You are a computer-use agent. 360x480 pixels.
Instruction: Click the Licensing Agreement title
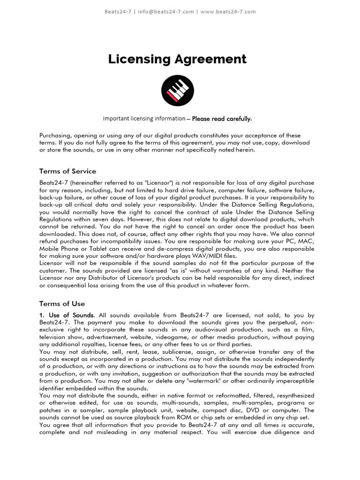coord(177,59)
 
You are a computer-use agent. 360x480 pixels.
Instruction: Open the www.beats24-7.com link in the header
coord(228,12)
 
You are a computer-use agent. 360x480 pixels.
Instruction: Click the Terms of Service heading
coord(67,171)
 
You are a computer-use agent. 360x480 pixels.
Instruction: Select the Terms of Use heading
coord(62,304)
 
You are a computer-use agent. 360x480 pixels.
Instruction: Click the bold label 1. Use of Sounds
coord(67,315)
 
